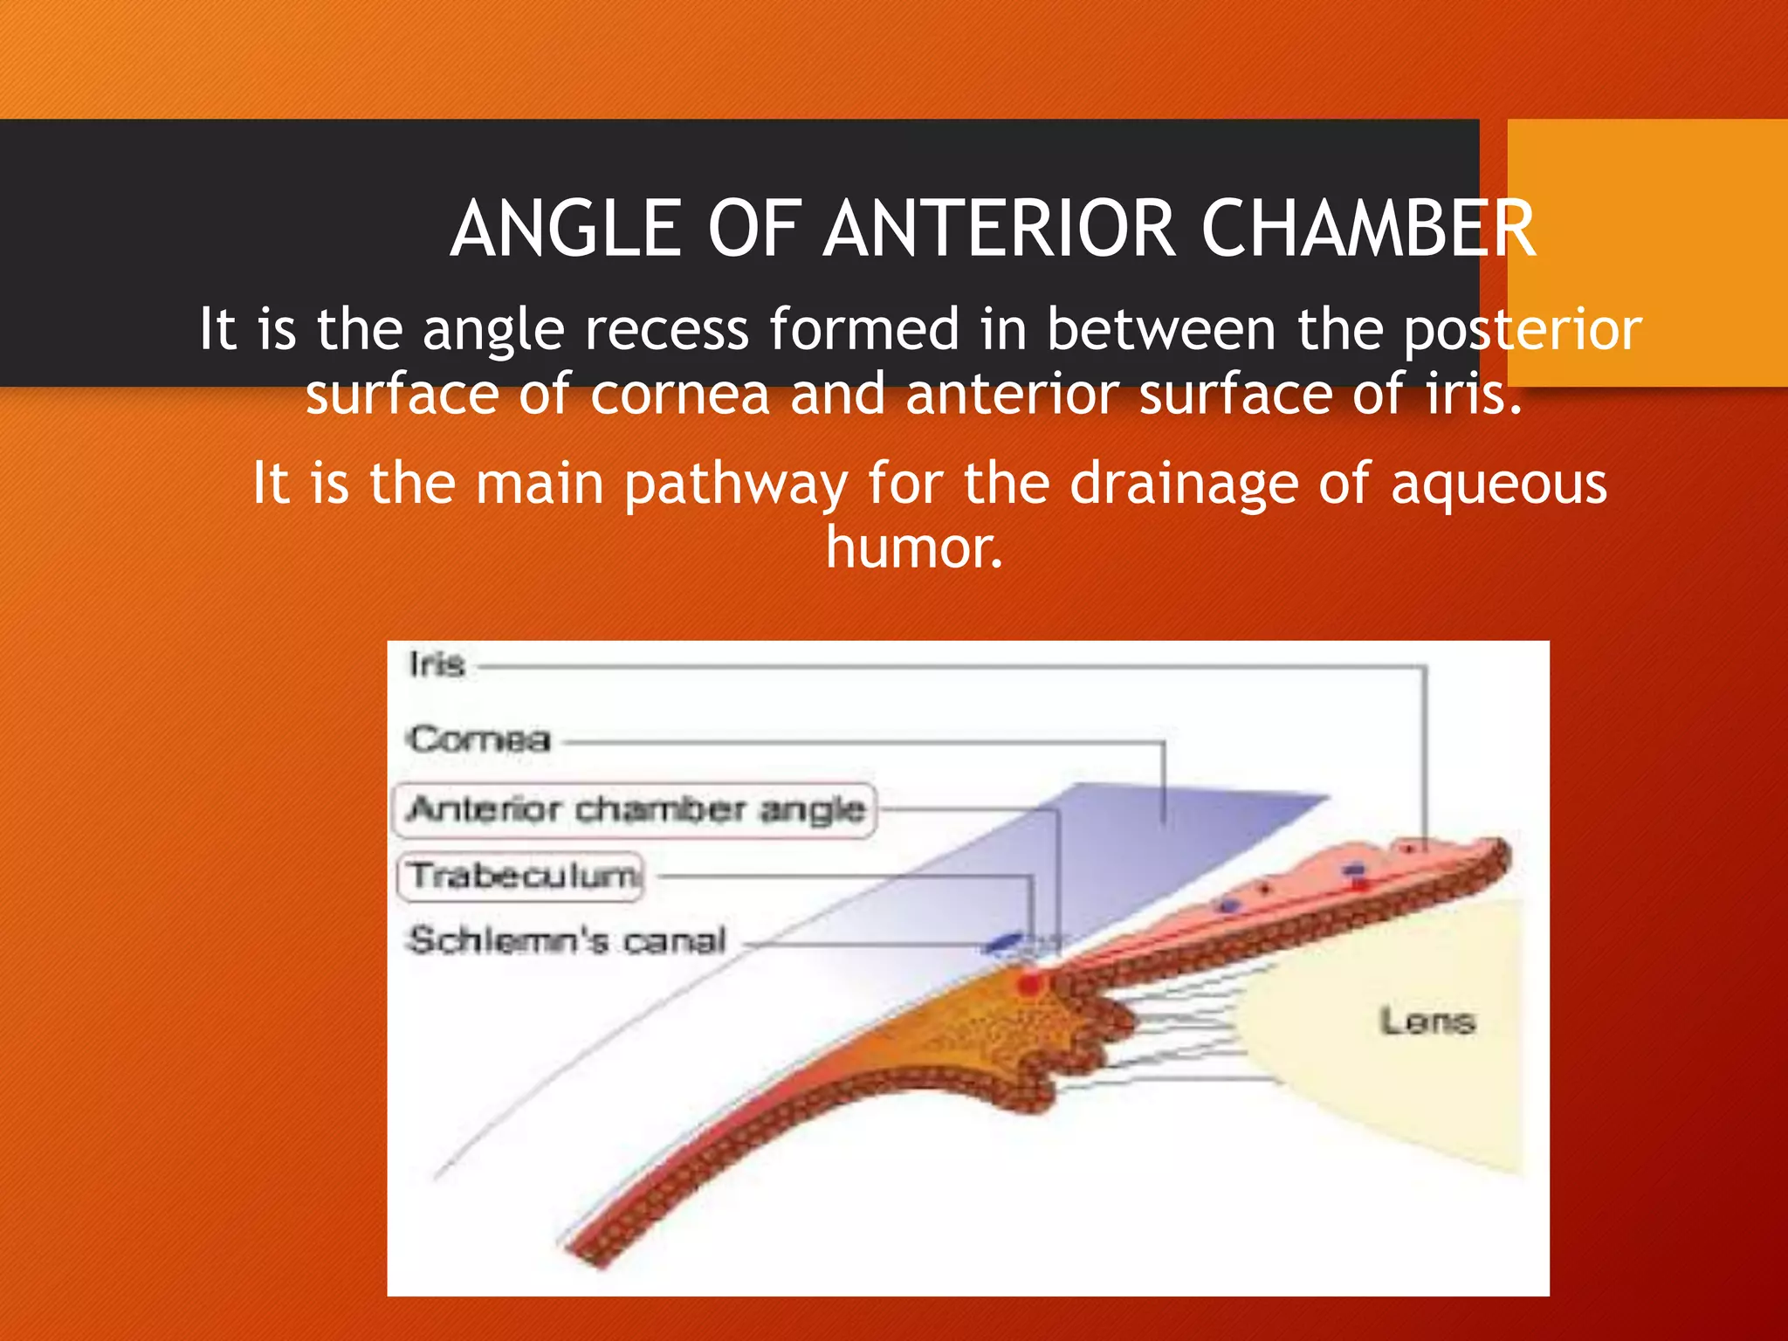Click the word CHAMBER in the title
point(1367,229)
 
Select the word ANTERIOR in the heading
point(1001,229)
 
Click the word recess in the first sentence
point(666,330)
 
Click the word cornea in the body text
point(679,395)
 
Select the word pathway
point(735,485)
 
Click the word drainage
point(1184,485)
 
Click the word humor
point(914,548)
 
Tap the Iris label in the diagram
point(437,665)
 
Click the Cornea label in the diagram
point(479,740)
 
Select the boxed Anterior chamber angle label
point(636,809)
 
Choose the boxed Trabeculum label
point(522,875)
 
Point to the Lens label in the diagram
point(1427,1021)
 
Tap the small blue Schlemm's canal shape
point(1003,942)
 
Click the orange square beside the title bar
point(1647,253)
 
